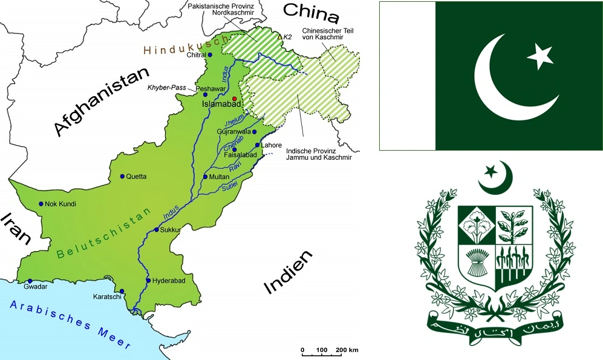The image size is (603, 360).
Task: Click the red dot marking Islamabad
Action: pyautogui.click(x=235, y=99)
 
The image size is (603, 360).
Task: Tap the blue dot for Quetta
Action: pyautogui.click(x=122, y=177)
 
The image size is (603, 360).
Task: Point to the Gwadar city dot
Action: pyautogui.click(x=30, y=281)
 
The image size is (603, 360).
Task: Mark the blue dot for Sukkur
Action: pyautogui.click(x=156, y=230)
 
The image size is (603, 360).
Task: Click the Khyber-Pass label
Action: pyautogui.click(x=166, y=88)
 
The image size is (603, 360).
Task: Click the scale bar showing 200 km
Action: pyautogui.click(x=330, y=350)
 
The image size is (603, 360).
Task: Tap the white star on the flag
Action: pyautogui.click(x=539, y=57)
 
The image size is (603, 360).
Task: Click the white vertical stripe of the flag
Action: pyautogui.click(x=407, y=76)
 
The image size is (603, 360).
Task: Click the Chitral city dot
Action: pyautogui.click(x=210, y=54)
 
